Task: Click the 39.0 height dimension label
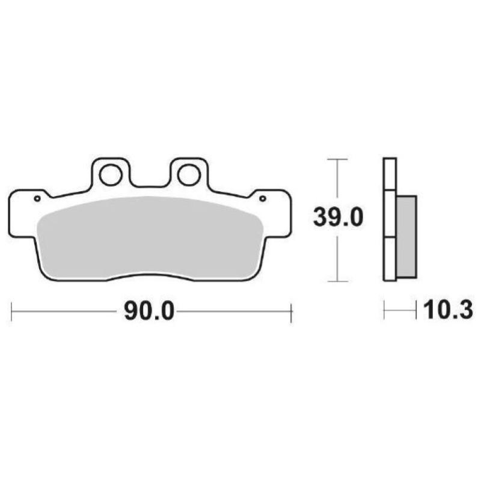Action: point(338,217)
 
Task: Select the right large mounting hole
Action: point(188,175)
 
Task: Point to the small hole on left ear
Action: point(37,198)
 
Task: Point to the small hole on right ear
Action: point(262,197)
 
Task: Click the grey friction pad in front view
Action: point(150,237)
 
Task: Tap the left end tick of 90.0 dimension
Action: point(12,311)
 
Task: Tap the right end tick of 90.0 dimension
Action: point(291,311)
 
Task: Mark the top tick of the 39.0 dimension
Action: point(339,159)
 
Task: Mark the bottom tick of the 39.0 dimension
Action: point(339,281)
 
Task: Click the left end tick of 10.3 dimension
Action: point(384,311)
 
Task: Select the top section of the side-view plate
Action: point(390,174)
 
